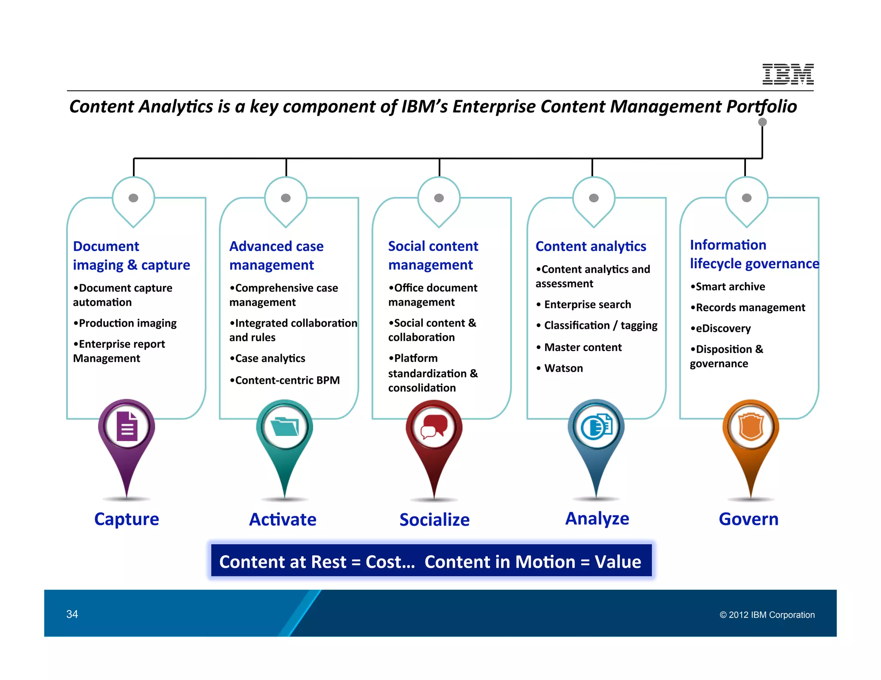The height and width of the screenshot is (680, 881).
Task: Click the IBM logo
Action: [x=788, y=74]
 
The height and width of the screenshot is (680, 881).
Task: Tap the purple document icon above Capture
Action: [x=127, y=426]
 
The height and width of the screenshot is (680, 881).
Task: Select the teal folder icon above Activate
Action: [x=284, y=427]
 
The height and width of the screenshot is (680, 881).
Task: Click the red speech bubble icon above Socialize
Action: [x=434, y=426]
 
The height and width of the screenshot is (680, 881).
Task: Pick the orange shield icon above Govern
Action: [x=751, y=427]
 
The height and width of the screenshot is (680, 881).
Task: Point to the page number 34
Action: [x=72, y=614]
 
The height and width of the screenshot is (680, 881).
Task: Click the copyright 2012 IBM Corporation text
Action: [x=767, y=615]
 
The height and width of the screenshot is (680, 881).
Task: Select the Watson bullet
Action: [x=563, y=368]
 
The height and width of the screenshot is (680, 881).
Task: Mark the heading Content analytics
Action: [x=591, y=246]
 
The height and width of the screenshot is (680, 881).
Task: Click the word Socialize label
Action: [x=434, y=520]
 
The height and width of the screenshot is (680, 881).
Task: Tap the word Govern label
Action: [x=749, y=519]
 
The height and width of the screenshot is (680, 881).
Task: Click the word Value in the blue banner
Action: [x=618, y=562]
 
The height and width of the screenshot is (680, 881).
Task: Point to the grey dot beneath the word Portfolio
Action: [x=762, y=122]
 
